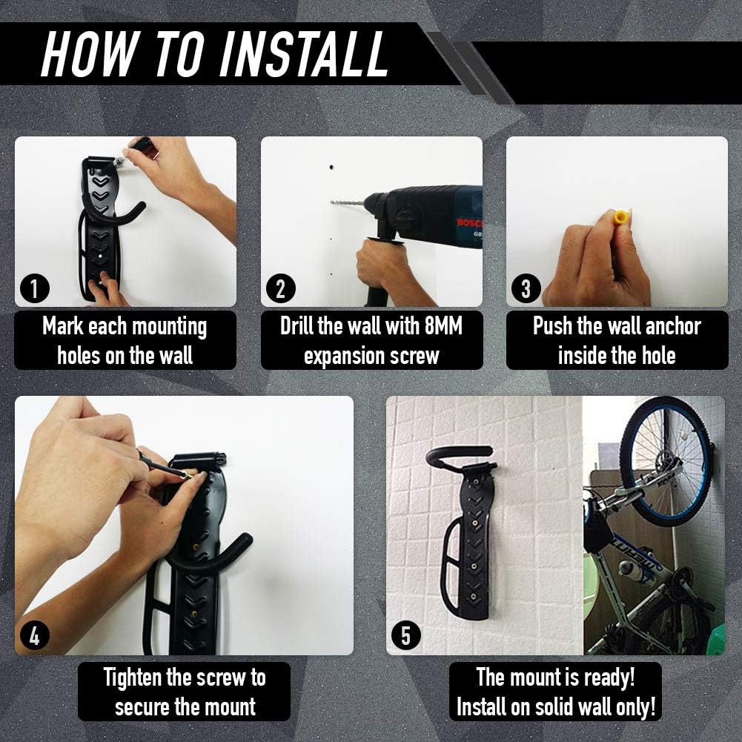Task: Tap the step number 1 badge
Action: coord(35,288)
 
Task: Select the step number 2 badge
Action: coord(281,288)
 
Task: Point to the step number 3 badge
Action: coord(526,288)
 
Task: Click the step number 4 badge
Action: coord(35,636)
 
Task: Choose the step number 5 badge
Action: coord(406,636)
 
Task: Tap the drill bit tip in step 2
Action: coord(331,202)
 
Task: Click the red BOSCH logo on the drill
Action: coord(470,223)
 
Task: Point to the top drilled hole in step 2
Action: coord(332,168)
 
